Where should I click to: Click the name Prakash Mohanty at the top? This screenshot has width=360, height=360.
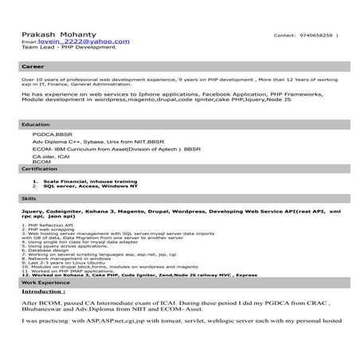(53, 34)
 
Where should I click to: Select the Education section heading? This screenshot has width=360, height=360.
(36, 125)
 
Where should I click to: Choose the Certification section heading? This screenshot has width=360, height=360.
(39, 169)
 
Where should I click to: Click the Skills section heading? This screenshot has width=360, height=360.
(29, 197)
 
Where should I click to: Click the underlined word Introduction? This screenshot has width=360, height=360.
(43, 292)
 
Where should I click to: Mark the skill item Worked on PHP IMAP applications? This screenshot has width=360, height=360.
(70, 271)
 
